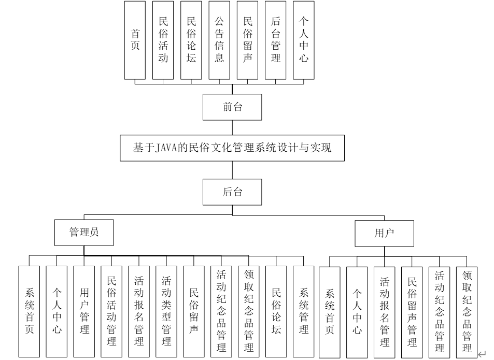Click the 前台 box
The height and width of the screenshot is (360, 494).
[x=232, y=107]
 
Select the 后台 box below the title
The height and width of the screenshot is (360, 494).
[x=232, y=192]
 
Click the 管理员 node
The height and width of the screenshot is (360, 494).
[x=83, y=233]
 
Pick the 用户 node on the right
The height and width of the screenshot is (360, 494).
[x=384, y=233]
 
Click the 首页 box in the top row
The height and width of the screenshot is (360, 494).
[x=135, y=40]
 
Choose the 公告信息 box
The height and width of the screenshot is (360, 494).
[x=219, y=40]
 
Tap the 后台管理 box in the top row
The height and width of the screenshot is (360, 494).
[x=275, y=40]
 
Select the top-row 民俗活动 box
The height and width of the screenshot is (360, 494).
[x=163, y=40]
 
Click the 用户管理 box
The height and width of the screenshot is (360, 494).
[x=84, y=311]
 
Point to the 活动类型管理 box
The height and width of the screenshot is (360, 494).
[x=166, y=311]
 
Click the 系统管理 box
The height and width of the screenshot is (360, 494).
[x=303, y=311]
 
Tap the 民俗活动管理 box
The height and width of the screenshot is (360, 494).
[x=111, y=311]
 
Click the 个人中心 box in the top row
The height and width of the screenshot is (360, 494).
[x=303, y=40]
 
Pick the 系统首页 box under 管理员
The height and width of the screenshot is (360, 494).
[x=29, y=311]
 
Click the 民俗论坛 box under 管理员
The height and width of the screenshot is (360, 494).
[x=276, y=311]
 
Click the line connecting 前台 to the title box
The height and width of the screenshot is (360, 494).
[x=232, y=127]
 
